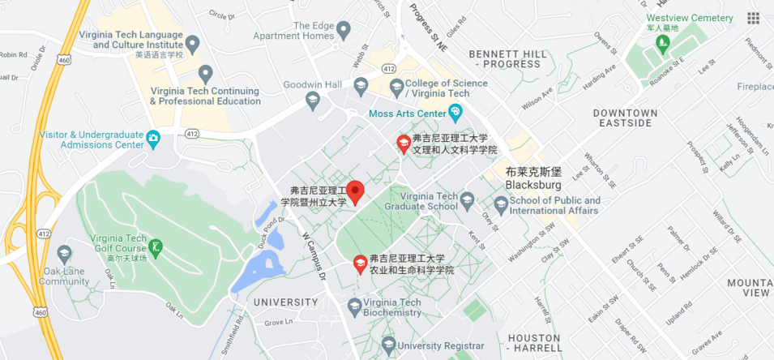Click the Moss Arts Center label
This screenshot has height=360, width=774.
[408, 114]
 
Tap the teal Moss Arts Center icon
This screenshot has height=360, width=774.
[455, 111]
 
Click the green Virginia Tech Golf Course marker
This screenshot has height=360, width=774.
[156, 246]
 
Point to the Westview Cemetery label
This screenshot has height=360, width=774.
[690, 18]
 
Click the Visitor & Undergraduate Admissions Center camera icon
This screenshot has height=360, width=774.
[152, 139]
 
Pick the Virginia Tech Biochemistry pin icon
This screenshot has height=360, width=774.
[354, 306]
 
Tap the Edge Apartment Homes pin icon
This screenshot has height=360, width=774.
[344, 31]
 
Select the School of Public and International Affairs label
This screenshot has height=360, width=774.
[555, 206]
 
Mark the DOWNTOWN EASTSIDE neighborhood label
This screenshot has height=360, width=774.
[623, 118]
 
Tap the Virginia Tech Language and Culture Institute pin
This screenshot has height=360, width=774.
[192, 42]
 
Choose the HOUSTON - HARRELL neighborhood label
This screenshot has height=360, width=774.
[534, 342]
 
